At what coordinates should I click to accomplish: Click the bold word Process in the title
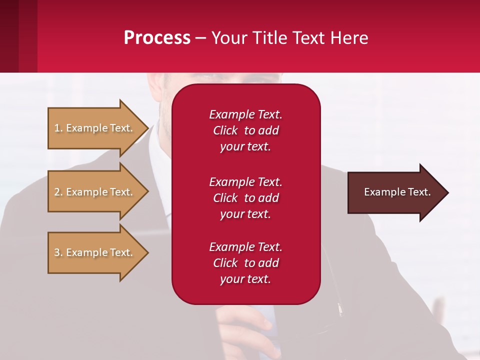coord(157,38)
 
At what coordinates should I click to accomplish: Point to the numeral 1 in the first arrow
coord(57,128)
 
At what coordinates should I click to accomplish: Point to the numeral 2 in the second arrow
coord(57,192)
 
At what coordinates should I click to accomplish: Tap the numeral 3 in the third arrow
coord(57,252)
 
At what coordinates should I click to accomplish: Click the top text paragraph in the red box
coord(245,130)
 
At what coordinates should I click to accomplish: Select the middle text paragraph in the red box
coord(245,198)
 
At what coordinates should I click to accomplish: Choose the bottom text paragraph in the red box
coord(245,263)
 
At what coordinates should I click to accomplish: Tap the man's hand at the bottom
coord(250,335)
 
